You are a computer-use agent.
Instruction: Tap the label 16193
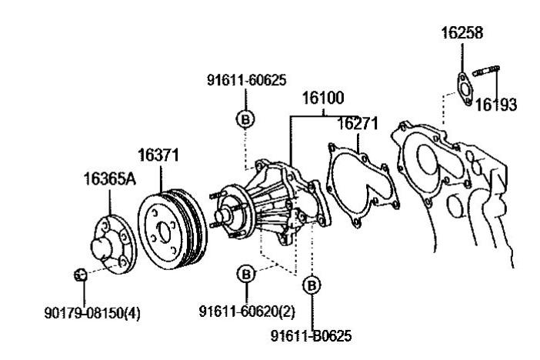coord(495,105)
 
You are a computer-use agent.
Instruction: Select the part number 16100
coord(322,98)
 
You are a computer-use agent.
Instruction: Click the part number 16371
coord(158,155)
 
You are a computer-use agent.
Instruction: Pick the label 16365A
coord(108,180)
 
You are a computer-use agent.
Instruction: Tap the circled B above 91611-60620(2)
coord(245,274)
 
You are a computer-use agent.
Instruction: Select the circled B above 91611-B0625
coord(312,285)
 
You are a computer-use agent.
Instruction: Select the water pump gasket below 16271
coord(362,185)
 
